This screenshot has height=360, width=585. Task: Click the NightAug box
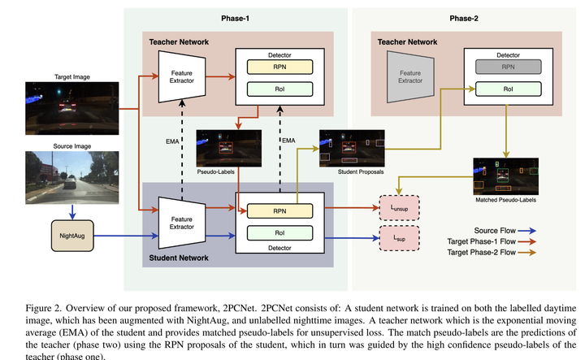pos(72,236)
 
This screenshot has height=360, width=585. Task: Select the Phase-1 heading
pos(235,17)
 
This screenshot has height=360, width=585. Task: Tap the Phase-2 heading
pos(464,17)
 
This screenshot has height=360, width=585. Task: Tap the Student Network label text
pos(179,258)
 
